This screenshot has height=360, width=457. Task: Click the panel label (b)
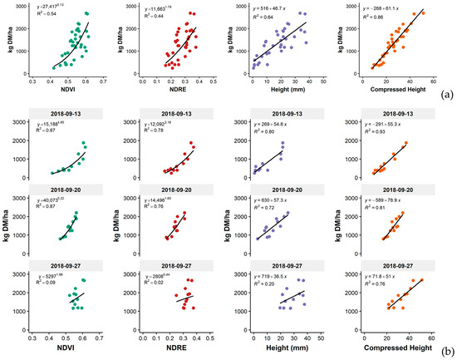coord(445,353)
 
